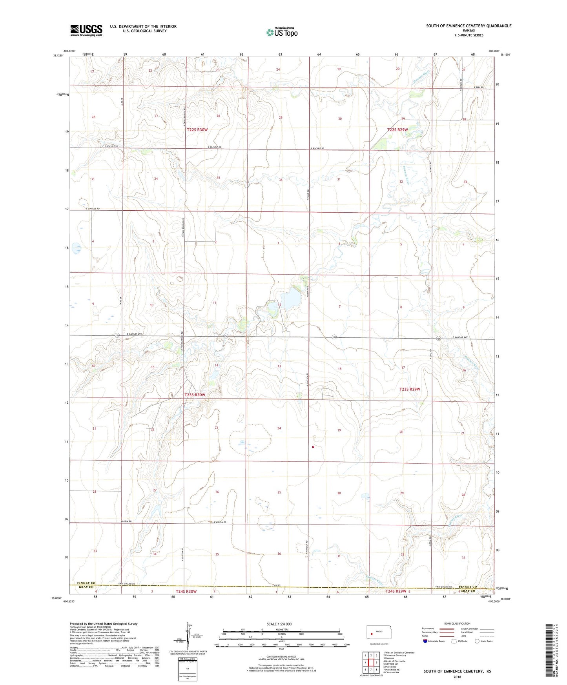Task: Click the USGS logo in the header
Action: tap(86, 30)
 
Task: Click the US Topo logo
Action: tap(282, 32)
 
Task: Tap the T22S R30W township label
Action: tap(197, 129)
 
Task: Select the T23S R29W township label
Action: tap(410, 389)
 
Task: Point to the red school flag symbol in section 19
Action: tap(313, 446)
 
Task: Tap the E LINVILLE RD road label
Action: tap(96, 209)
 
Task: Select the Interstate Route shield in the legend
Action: tap(425, 641)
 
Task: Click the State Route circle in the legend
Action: tap(477, 641)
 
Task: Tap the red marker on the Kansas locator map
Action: tap(372, 633)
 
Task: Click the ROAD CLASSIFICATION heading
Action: tap(457, 623)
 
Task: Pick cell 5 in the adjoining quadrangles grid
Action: tap(376, 663)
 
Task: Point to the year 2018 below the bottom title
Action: tap(457, 677)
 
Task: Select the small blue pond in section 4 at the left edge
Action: tap(76, 248)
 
